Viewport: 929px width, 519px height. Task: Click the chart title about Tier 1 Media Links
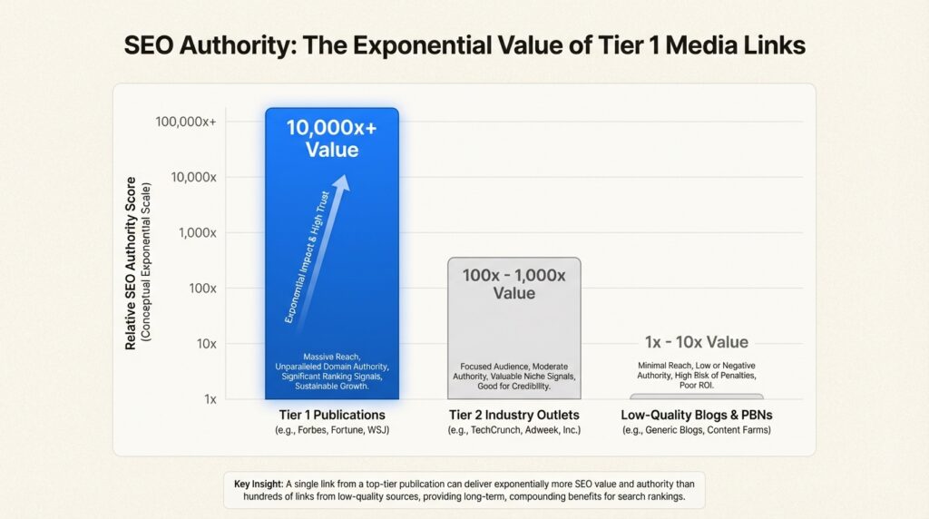click(464, 45)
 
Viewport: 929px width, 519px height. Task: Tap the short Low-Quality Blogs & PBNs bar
click(696, 397)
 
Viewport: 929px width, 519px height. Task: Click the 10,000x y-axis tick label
click(193, 176)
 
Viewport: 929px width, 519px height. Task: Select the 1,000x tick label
click(197, 232)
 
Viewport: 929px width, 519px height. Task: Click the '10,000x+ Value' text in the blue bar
click(331, 138)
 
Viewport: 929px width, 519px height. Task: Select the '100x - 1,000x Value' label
click(513, 283)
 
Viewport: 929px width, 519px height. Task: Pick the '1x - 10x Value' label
click(696, 342)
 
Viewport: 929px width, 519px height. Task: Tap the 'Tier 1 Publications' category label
click(331, 415)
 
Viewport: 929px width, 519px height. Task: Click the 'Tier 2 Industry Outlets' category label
click(513, 415)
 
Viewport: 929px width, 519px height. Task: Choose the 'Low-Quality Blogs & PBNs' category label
click(696, 415)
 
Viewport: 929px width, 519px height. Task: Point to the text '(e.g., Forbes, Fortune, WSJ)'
click(331, 430)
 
